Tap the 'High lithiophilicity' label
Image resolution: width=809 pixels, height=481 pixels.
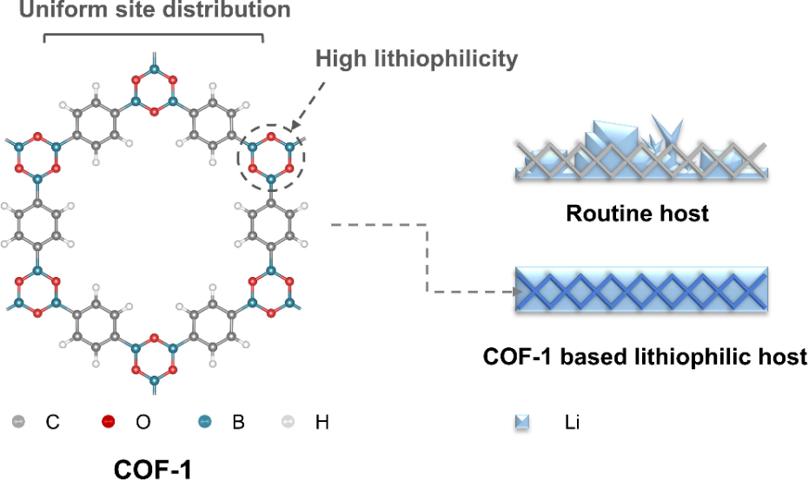(416, 59)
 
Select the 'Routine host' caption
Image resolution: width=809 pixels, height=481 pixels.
(637, 213)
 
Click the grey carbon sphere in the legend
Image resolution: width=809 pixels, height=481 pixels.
(19, 423)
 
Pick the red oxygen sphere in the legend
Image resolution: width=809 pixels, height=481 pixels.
(108, 423)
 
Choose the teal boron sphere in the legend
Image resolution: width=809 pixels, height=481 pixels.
(203, 423)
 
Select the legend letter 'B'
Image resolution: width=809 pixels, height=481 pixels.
(238, 424)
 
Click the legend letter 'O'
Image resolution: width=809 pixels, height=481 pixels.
(143, 424)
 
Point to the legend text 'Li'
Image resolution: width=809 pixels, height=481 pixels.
(572, 424)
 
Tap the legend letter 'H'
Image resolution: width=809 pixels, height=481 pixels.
(322, 424)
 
